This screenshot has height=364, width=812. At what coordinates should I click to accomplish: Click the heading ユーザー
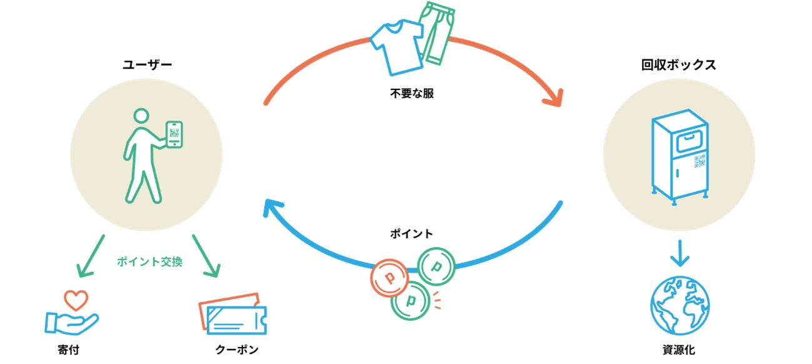[147, 64]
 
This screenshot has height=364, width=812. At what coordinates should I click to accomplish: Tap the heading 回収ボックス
[678, 64]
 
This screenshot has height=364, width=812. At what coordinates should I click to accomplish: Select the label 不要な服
[412, 94]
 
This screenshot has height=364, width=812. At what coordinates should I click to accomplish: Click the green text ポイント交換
[149, 261]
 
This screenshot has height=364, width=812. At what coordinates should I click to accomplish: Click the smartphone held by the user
[174, 134]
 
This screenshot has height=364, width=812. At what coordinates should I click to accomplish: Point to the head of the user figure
[142, 116]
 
